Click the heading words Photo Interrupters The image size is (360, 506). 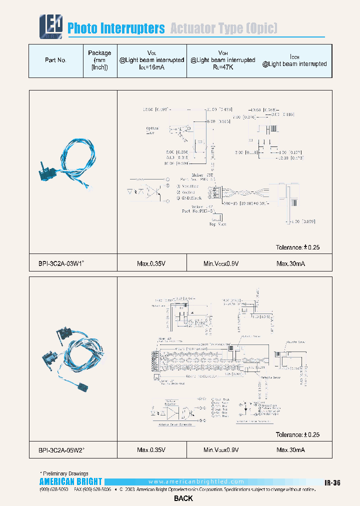point(116,28)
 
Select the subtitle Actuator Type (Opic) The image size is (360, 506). point(223,28)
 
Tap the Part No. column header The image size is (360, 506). point(55,60)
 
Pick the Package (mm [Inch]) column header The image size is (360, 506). point(99,60)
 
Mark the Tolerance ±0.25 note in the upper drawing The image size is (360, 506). point(297,247)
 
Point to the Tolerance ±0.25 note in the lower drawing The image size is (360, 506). point(297,435)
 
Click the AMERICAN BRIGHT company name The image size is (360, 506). point(70,481)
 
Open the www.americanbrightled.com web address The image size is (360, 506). point(196,481)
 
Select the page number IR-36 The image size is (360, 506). point(332,483)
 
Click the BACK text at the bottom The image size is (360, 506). point(183,498)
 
